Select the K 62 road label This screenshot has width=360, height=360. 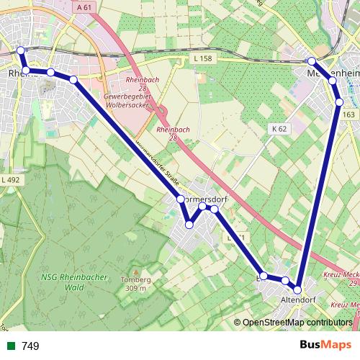279,128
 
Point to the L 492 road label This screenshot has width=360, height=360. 10,179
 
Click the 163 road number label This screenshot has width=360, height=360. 349,114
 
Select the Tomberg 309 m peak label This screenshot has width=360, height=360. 135,283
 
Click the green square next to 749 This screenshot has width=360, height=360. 11,346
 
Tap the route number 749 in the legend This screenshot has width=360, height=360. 30,346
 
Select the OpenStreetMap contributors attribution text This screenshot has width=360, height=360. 297,323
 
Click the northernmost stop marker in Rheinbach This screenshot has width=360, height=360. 21,50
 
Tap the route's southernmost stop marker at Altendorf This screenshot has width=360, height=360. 297,291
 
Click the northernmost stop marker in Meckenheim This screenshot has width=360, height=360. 312,61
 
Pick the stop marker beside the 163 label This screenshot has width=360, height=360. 339,102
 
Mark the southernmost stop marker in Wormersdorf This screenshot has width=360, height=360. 189,225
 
